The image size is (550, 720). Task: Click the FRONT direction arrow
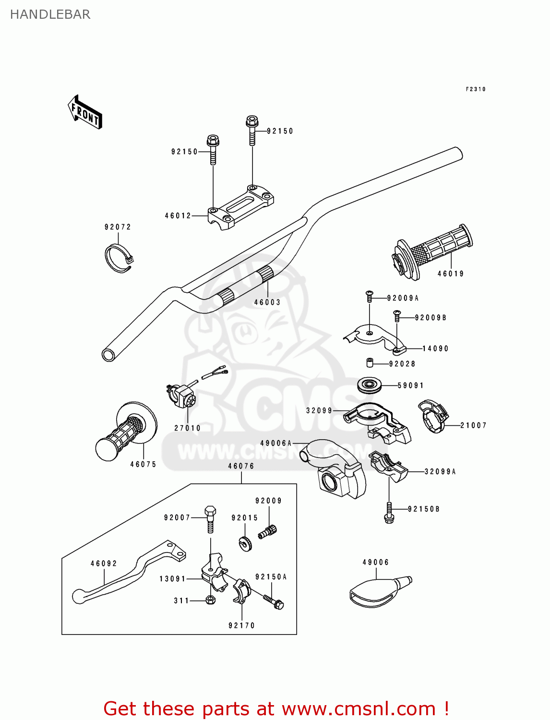click(85, 112)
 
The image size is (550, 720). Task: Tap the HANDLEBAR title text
click(50, 14)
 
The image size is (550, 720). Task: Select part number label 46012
click(178, 216)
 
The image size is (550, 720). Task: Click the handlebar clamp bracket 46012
click(240, 207)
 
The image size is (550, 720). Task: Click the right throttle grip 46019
click(432, 252)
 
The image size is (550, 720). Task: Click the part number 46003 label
click(267, 302)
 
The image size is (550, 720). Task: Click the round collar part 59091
click(370, 385)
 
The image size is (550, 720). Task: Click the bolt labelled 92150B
click(389, 513)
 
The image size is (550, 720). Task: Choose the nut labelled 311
click(210, 600)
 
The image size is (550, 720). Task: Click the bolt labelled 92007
click(210, 518)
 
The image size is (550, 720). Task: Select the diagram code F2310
click(476, 89)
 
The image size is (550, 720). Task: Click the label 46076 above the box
click(241, 466)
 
